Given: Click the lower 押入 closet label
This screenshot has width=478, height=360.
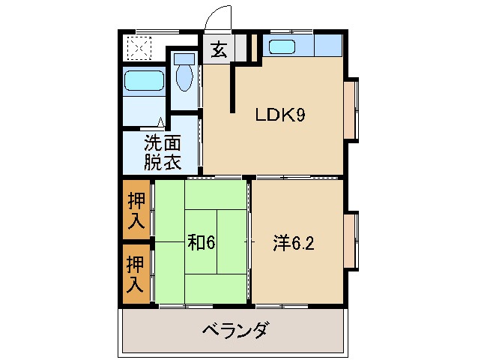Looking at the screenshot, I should (136, 274).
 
